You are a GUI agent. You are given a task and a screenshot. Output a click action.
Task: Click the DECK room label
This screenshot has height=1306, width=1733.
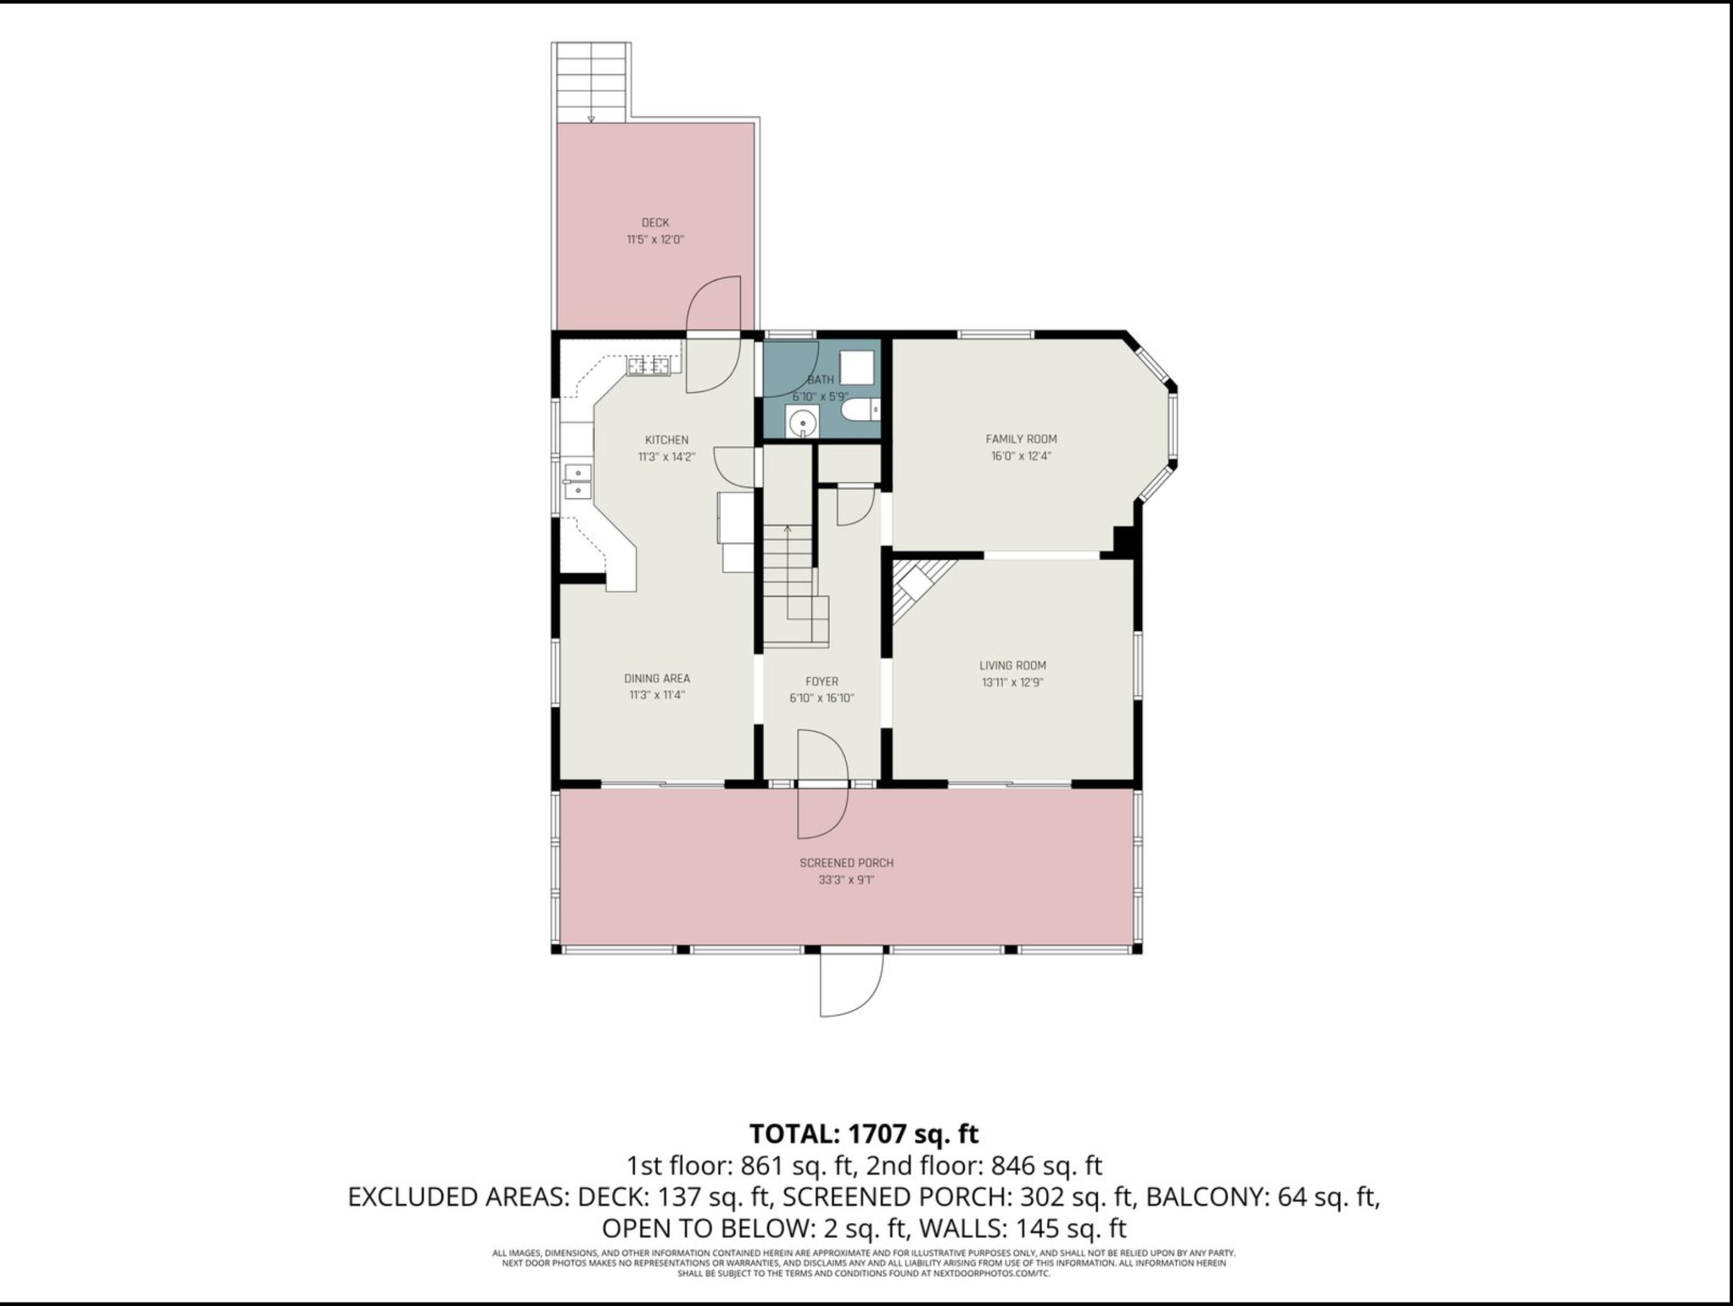655,223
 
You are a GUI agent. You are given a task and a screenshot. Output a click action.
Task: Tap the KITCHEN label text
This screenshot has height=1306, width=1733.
667,440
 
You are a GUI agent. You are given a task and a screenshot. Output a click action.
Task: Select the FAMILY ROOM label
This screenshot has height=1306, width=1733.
1021,439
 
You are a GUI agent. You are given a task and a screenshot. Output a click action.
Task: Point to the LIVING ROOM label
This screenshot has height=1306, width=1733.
1012,665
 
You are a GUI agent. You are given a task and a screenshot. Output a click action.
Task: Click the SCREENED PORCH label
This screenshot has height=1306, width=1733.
846,863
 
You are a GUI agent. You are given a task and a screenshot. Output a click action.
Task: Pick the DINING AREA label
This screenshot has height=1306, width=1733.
657,679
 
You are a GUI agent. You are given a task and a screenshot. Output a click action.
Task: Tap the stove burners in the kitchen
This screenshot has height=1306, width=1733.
649,365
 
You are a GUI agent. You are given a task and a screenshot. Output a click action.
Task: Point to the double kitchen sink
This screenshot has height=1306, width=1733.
578,482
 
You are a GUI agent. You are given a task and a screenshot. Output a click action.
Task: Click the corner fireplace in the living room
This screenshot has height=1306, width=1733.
917,589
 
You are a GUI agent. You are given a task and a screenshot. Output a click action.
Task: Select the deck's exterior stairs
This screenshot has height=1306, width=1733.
592,82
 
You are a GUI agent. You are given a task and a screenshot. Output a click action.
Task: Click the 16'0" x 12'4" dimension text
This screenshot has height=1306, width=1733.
1021,456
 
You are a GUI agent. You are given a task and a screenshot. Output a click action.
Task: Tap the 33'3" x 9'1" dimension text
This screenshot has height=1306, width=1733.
846,880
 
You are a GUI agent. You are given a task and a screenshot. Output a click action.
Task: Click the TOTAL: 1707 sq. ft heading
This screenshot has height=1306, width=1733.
864,1134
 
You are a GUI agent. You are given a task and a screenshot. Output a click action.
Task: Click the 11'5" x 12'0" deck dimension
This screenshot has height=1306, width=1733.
655,240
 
